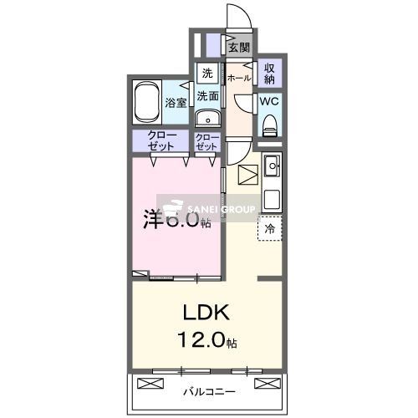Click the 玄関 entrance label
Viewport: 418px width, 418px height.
(240, 47)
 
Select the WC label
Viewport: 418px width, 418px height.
(269, 102)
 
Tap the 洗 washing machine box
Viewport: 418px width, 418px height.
(206, 72)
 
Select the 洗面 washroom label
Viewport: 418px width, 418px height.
(207, 96)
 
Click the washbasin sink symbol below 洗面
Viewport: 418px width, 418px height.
(207, 116)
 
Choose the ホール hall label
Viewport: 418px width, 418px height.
(239, 78)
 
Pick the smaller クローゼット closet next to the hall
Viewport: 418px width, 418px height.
(206, 141)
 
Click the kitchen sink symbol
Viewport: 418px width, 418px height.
(273, 168)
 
